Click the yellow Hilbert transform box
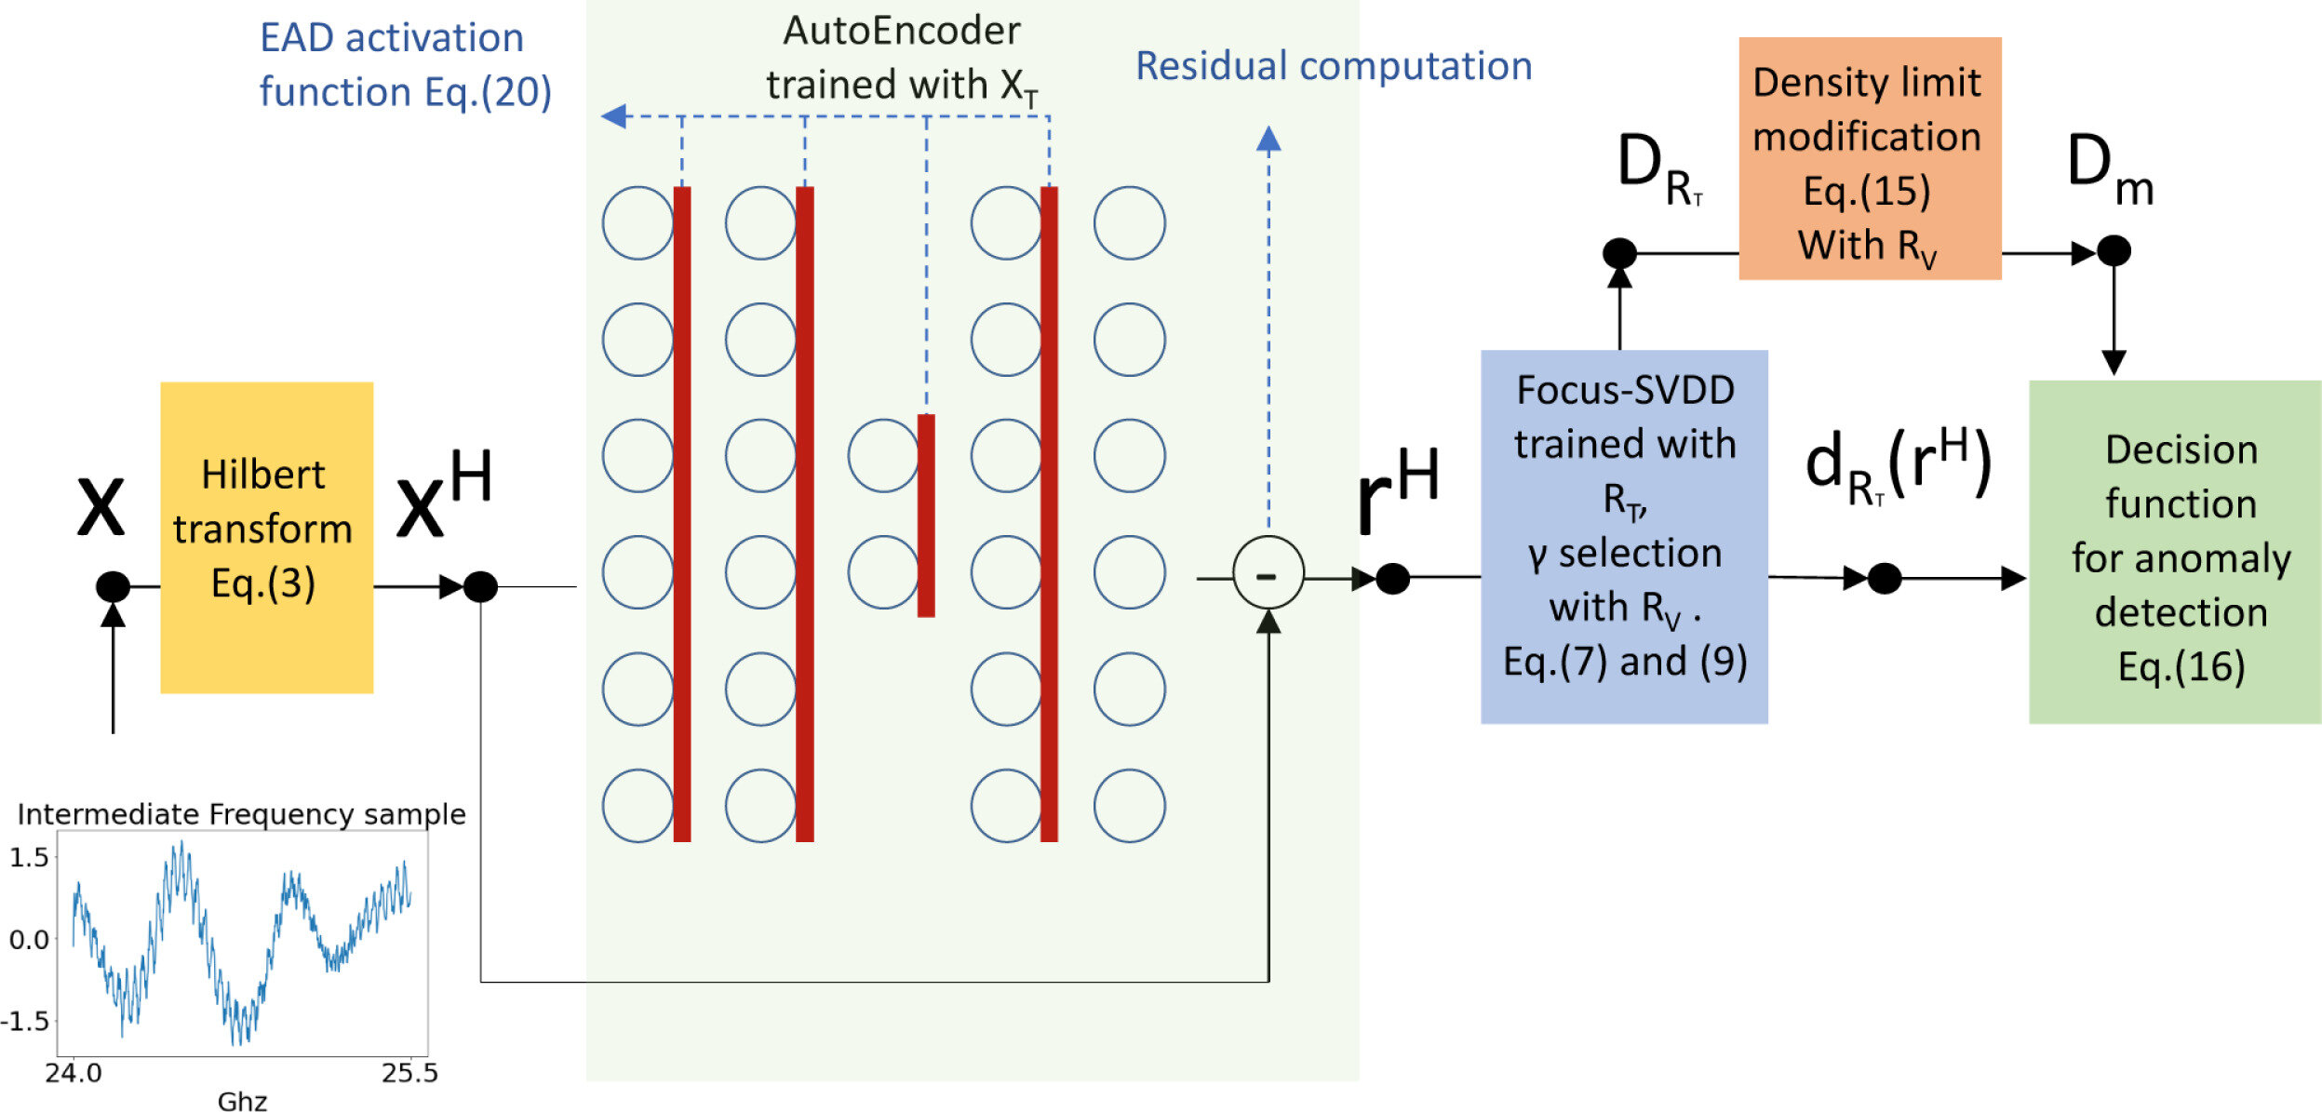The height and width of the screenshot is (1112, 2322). (266, 537)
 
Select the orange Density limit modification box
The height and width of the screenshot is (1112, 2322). (1870, 158)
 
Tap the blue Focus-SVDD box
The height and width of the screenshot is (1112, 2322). (1624, 536)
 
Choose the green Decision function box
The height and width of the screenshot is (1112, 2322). (2174, 551)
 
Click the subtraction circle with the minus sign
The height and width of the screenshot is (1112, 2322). (1268, 573)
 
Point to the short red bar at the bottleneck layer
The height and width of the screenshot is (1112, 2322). (926, 515)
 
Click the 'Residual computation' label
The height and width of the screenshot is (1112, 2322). (1334, 66)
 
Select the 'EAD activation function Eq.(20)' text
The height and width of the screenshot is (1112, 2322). (404, 64)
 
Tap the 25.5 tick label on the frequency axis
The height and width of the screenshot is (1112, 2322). (409, 1073)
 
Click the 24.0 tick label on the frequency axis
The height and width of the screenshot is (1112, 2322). (74, 1073)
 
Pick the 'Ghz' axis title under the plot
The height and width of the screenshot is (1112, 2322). (242, 1101)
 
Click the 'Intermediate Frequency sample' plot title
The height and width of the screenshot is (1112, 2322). (241, 814)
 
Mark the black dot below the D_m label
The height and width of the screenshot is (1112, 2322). (2114, 250)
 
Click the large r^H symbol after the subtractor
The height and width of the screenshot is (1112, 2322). (1396, 490)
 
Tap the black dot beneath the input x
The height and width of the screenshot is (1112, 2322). (113, 586)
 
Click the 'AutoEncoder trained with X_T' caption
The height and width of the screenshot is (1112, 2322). (901, 58)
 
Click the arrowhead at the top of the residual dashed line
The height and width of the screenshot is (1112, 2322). (1268, 140)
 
